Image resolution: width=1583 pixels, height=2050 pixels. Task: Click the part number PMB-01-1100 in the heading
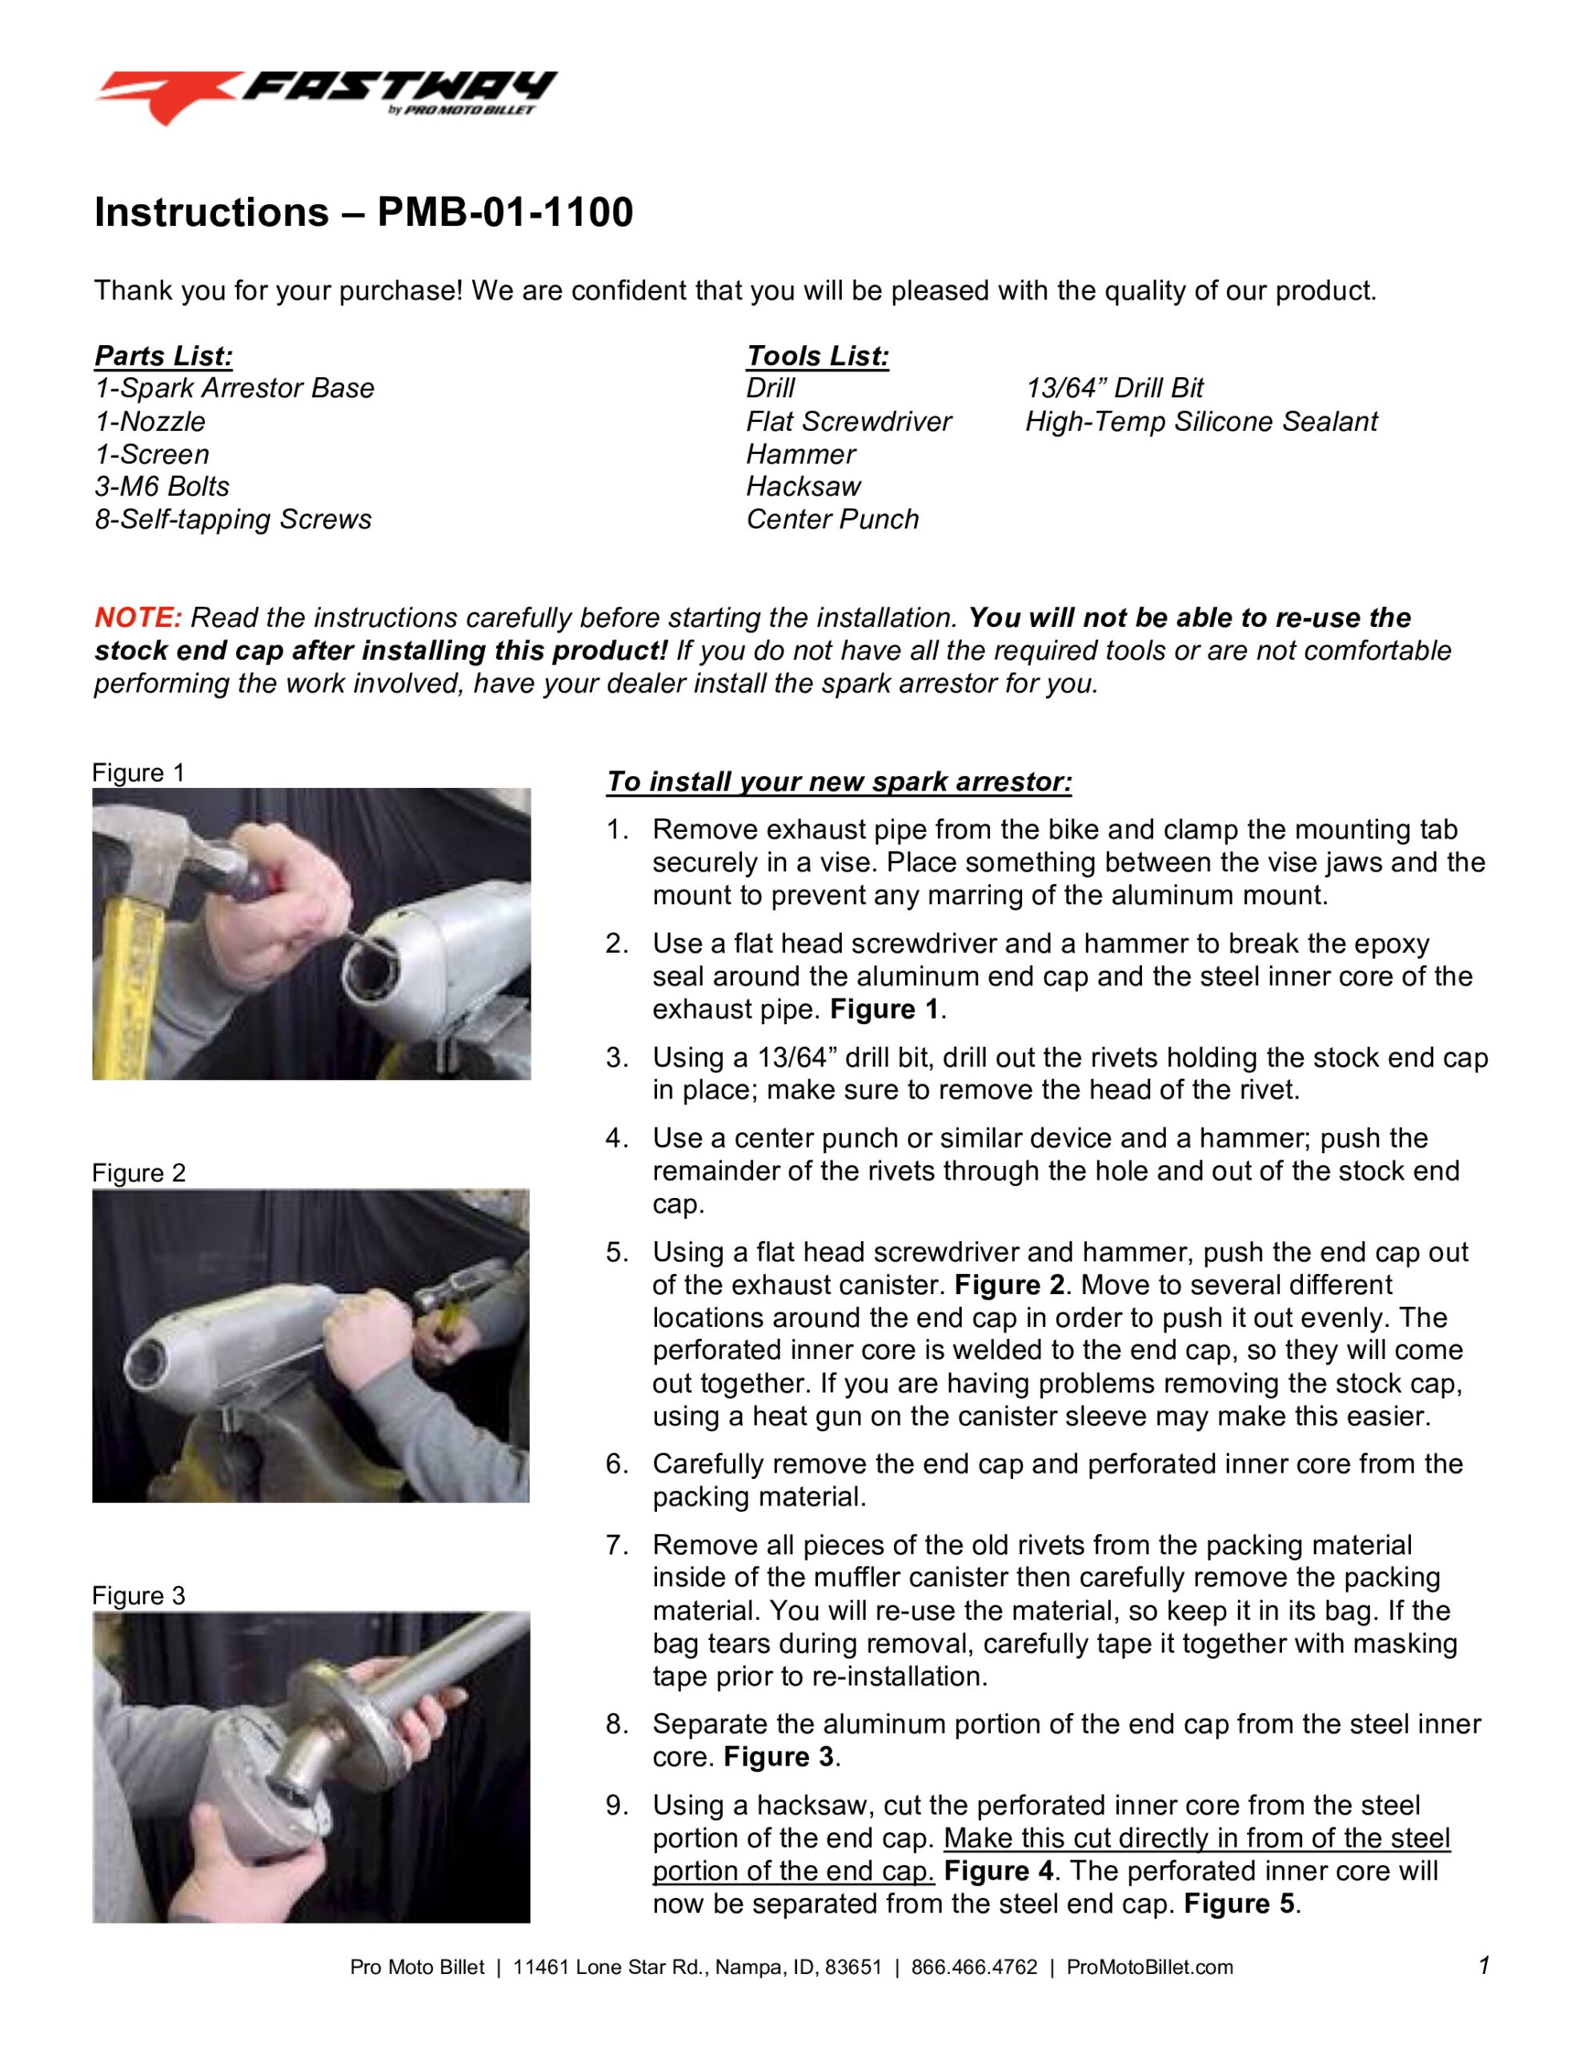pyautogui.click(x=505, y=212)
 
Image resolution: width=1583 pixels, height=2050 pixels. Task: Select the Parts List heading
pyautogui.click(x=163, y=356)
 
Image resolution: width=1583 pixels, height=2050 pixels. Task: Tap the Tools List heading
pyautogui.click(x=816, y=356)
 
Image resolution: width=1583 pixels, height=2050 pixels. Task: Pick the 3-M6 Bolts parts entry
pyautogui.click(x=162, y=486)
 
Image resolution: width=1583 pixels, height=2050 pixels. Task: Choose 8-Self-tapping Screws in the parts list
pyautogui.click(x=233, y=519)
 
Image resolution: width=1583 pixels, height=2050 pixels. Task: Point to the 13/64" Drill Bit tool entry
pyautogui.click(x=1114, y=388)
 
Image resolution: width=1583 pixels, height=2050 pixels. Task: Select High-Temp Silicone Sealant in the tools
pyautogui.click(x=1200, y=421)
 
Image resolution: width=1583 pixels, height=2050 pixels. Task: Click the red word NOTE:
pyautogui.click(x=138, y=617)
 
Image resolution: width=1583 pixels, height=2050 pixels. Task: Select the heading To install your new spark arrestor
pyautogui.click(x=838, y=782)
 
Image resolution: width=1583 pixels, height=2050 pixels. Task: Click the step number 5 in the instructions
pyautogui.click(x=616, y=1252)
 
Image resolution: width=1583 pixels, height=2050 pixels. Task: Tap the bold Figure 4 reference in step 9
pyautogui.click(x=999, y=1871)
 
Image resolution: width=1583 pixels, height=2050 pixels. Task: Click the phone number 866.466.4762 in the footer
pyautogui.click(x=974, y=1967)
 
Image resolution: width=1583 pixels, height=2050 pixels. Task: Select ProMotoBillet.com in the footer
pyautogui.click(x=1149, y=1967)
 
